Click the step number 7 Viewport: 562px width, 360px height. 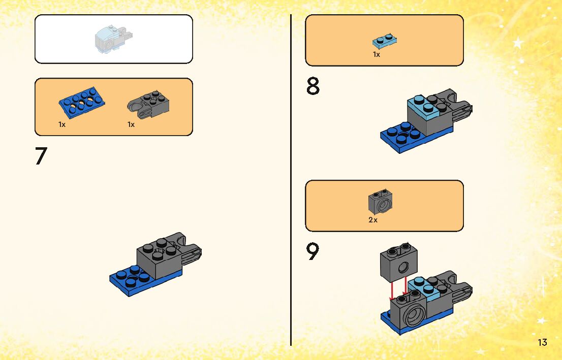(41, 156)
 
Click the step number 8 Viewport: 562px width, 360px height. (313, 87)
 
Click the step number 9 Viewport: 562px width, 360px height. (313, 252)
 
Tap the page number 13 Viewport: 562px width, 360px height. (542, 342)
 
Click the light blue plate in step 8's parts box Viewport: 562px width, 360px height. (384, 41)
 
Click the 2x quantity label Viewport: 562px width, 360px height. (373, 220)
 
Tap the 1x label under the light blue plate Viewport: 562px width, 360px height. (377, 54)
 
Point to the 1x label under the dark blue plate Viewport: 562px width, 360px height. (62, 124)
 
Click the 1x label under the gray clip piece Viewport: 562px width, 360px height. (131, 124)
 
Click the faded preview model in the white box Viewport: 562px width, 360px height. (113, 40)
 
